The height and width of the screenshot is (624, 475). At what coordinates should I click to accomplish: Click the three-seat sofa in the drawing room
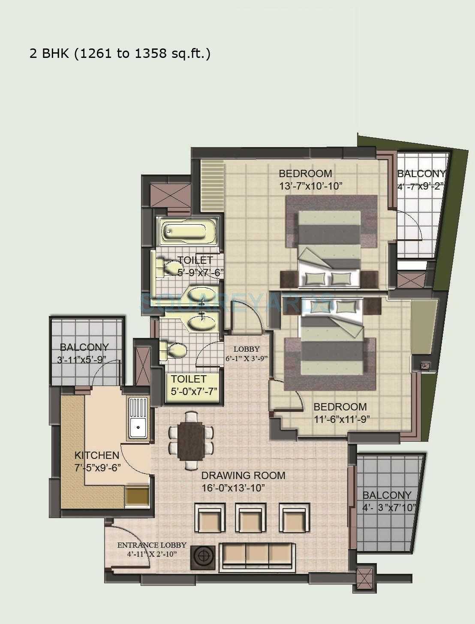(x=256, y=557)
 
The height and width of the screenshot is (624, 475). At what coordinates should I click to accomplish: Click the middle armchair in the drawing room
(x=252, y=518)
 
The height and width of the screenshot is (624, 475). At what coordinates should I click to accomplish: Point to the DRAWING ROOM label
(x=243, y=476)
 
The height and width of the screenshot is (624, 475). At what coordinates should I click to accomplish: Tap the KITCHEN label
(x=97, y=455)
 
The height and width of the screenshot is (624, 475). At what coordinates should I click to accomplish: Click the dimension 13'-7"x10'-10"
(x=310, y=186)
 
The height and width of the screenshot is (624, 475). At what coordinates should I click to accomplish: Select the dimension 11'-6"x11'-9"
(x=342, y=419)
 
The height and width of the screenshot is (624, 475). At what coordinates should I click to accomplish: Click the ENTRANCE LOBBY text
(x=152, y=545)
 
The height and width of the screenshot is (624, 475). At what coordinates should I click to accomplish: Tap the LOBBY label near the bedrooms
(x=247, y=349)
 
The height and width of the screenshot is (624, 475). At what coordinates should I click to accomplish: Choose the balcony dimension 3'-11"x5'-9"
(x=81, y=359)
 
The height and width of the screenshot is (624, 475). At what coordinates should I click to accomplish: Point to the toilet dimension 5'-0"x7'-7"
(x=194, y=391)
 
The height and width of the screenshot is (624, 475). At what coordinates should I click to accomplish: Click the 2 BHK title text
(x=120, y=54)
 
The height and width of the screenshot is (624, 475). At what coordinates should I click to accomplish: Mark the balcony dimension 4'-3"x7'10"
(x=389, y=508)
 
